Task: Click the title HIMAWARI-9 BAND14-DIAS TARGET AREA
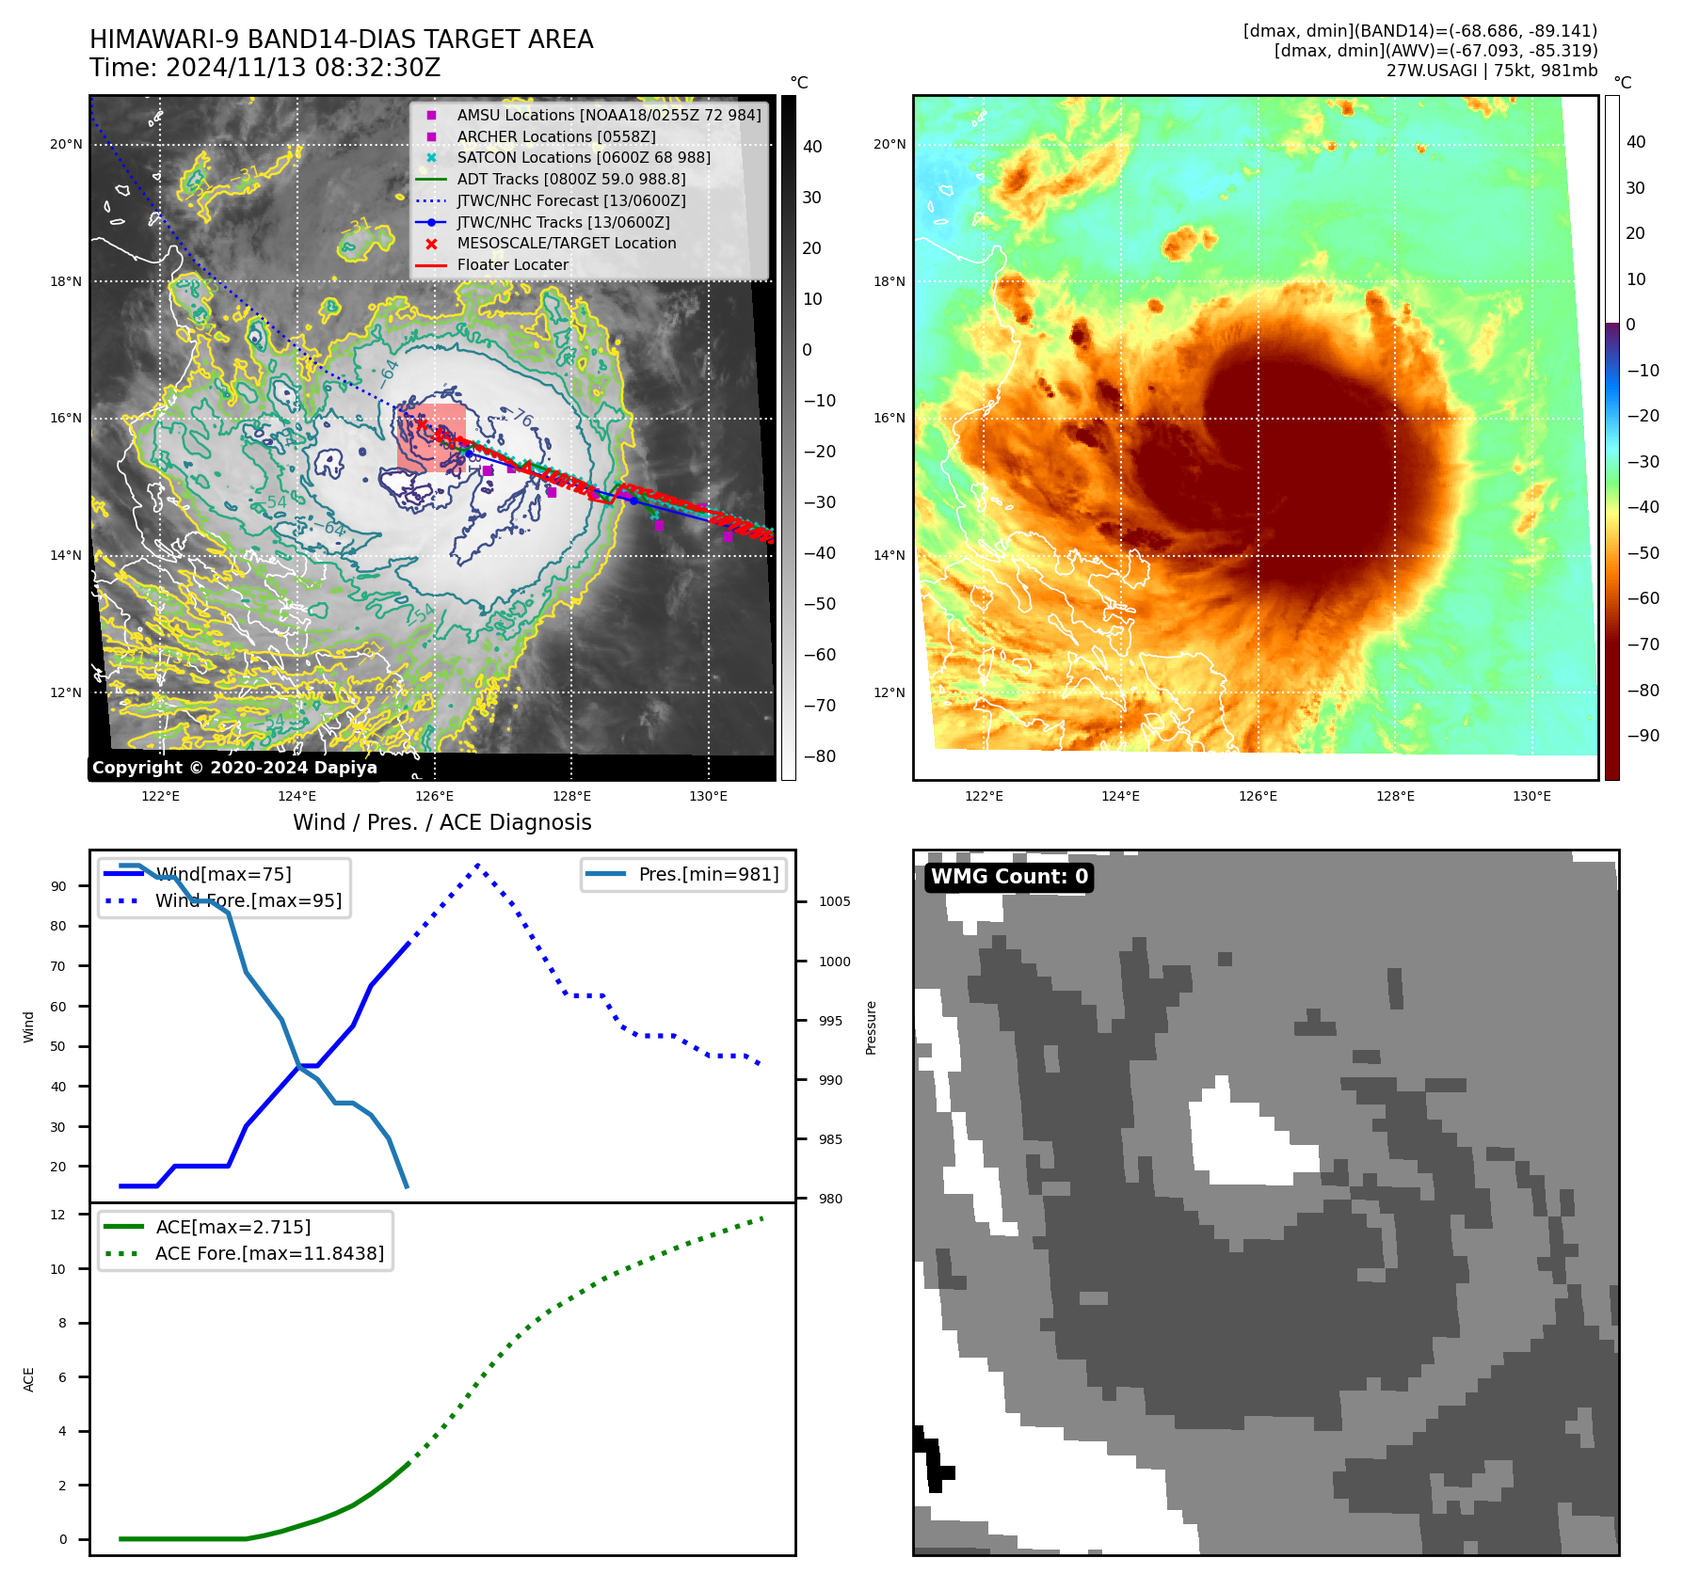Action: (341, 40)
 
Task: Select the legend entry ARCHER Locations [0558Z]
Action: (556, 136)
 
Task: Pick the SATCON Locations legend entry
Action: (584, 157)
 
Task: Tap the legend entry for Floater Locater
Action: (513, 264)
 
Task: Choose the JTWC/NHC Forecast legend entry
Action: (571, 200)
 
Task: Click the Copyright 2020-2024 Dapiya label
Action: (234, 768)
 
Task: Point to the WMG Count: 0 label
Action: (1009, 877)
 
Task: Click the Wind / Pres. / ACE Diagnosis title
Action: (442, 822)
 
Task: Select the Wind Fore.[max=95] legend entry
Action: (248, 900)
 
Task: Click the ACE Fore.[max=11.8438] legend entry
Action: (269, 1253)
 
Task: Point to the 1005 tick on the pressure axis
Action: (834, 901)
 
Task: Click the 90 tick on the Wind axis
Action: (59, 886)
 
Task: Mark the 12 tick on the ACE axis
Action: (59, 1215)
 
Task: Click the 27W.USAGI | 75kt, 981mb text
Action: (1491, 71)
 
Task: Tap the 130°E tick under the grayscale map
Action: (708, 796)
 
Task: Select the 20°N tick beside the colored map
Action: (890, 144)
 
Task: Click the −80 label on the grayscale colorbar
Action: (819, 756)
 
